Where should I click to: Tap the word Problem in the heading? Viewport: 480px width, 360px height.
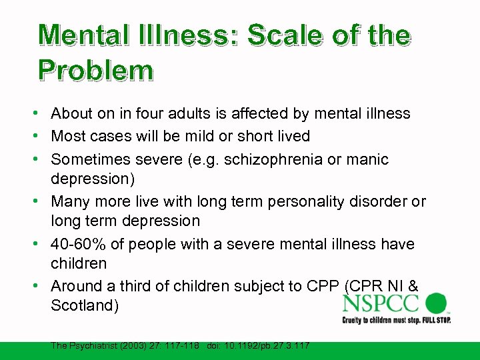click(95, 69)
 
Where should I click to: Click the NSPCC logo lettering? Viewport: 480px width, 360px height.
click(381, 304)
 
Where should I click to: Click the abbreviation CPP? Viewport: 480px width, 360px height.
click(323, 286)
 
